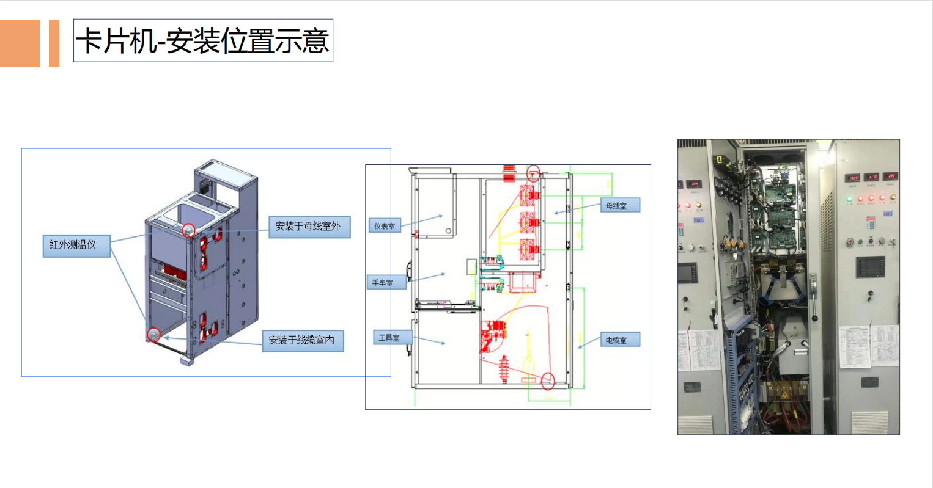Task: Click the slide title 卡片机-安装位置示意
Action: click(x=203, y=41)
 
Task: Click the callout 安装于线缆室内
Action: click(x=303, y=340)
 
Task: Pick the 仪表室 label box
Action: click(x=385, y=226)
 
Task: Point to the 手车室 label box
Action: click(x=386, y=283)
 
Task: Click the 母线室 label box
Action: click(x=619, y=206)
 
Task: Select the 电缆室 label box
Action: click(x=619, y=340)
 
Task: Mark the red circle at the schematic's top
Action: click(x=534, y=173)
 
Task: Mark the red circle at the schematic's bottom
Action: click(x=548, y=381)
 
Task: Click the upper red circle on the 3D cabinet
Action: click(x=189, y=230)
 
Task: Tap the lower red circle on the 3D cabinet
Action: click(x=153, y=335)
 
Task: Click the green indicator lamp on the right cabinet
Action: click(x=849, y=198)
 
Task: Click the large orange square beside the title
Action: click(x=20, y=43)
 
